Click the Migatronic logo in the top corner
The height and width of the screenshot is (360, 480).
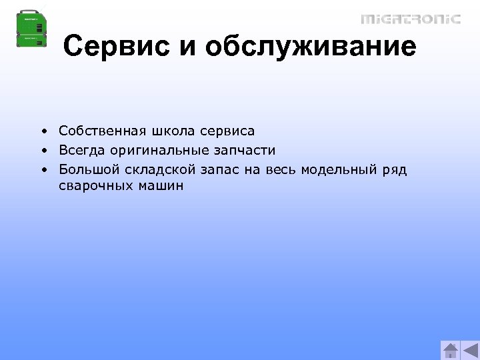411,19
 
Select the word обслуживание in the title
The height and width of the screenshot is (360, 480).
311,47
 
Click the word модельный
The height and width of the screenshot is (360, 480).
339,169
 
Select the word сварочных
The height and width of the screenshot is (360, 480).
95,187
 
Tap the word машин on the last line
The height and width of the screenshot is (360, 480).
160,187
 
